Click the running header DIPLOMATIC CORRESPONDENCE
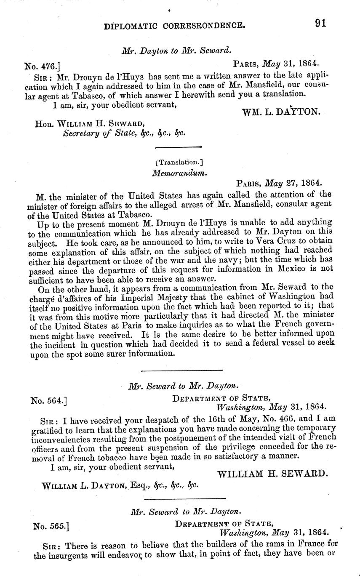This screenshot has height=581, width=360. click(x=175, y=26)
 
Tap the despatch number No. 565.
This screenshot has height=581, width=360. click(x=51, y=526)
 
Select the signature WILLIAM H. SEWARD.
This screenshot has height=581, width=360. click(x=272, y=474)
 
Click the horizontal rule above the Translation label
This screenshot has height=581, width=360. click(x=179, y=147)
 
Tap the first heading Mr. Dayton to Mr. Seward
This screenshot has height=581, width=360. click(x=176, y=51)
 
